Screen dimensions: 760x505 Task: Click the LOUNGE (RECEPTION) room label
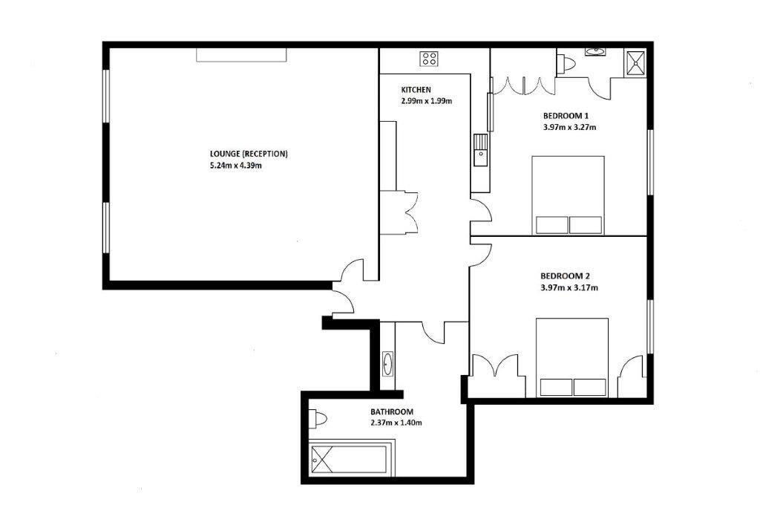pos(249,154)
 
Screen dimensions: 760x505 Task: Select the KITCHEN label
pos(416,90)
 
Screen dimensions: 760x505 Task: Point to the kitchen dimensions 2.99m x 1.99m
pos(427,102)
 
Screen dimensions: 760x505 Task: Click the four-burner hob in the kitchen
pos(430,59)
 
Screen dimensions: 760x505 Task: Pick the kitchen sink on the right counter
pos(480,150)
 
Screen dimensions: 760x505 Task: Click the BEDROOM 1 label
pos(566,116)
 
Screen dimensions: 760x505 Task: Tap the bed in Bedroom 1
pos(568,195)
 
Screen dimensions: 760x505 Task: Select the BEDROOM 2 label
pos(565,276)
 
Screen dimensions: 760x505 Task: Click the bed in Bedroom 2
pos(572,357)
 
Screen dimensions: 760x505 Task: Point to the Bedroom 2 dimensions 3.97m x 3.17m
pos(569,287)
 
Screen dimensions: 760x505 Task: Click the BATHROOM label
pos(392,411)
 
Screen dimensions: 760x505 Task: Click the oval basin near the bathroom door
pos(387,363)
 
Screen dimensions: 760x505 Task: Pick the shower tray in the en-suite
pos(635,63)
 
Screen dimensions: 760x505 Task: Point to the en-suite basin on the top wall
pos(594,51)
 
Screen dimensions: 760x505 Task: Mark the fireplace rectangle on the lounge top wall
pos(241,55)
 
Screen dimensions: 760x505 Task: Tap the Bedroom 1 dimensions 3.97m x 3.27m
pos(569,128)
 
